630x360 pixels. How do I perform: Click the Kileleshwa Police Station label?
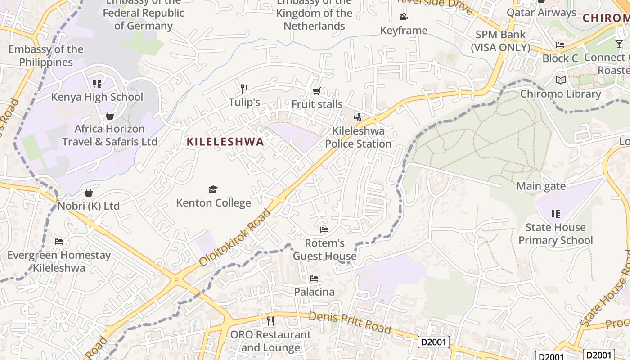[358, 137]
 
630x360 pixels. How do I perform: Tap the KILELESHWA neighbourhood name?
[225, 142]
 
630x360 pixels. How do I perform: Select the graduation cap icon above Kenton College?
[213, 189]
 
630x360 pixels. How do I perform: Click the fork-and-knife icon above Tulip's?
[244, 89]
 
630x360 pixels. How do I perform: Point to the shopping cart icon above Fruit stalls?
[317, 91]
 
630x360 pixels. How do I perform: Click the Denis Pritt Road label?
[350, 322]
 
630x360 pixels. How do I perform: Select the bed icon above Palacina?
[314, 279]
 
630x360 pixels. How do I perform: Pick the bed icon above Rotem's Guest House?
[324, 230]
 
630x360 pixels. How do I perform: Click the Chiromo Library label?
[561, 94]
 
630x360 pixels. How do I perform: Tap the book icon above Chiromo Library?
[561, 81]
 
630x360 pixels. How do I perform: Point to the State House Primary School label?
[556, 234]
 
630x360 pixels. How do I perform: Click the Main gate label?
[541, 186]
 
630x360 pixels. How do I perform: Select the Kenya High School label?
[97, 97]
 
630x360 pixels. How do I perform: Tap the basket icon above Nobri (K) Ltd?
[89, 193]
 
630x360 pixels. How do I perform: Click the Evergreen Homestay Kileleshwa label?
[59, 261]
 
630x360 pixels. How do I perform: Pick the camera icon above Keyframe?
[403, 17]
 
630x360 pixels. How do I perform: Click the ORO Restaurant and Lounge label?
[270, 341]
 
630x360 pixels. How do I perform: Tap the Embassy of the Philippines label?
[46, 56]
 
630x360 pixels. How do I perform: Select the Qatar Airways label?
[541, 12]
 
